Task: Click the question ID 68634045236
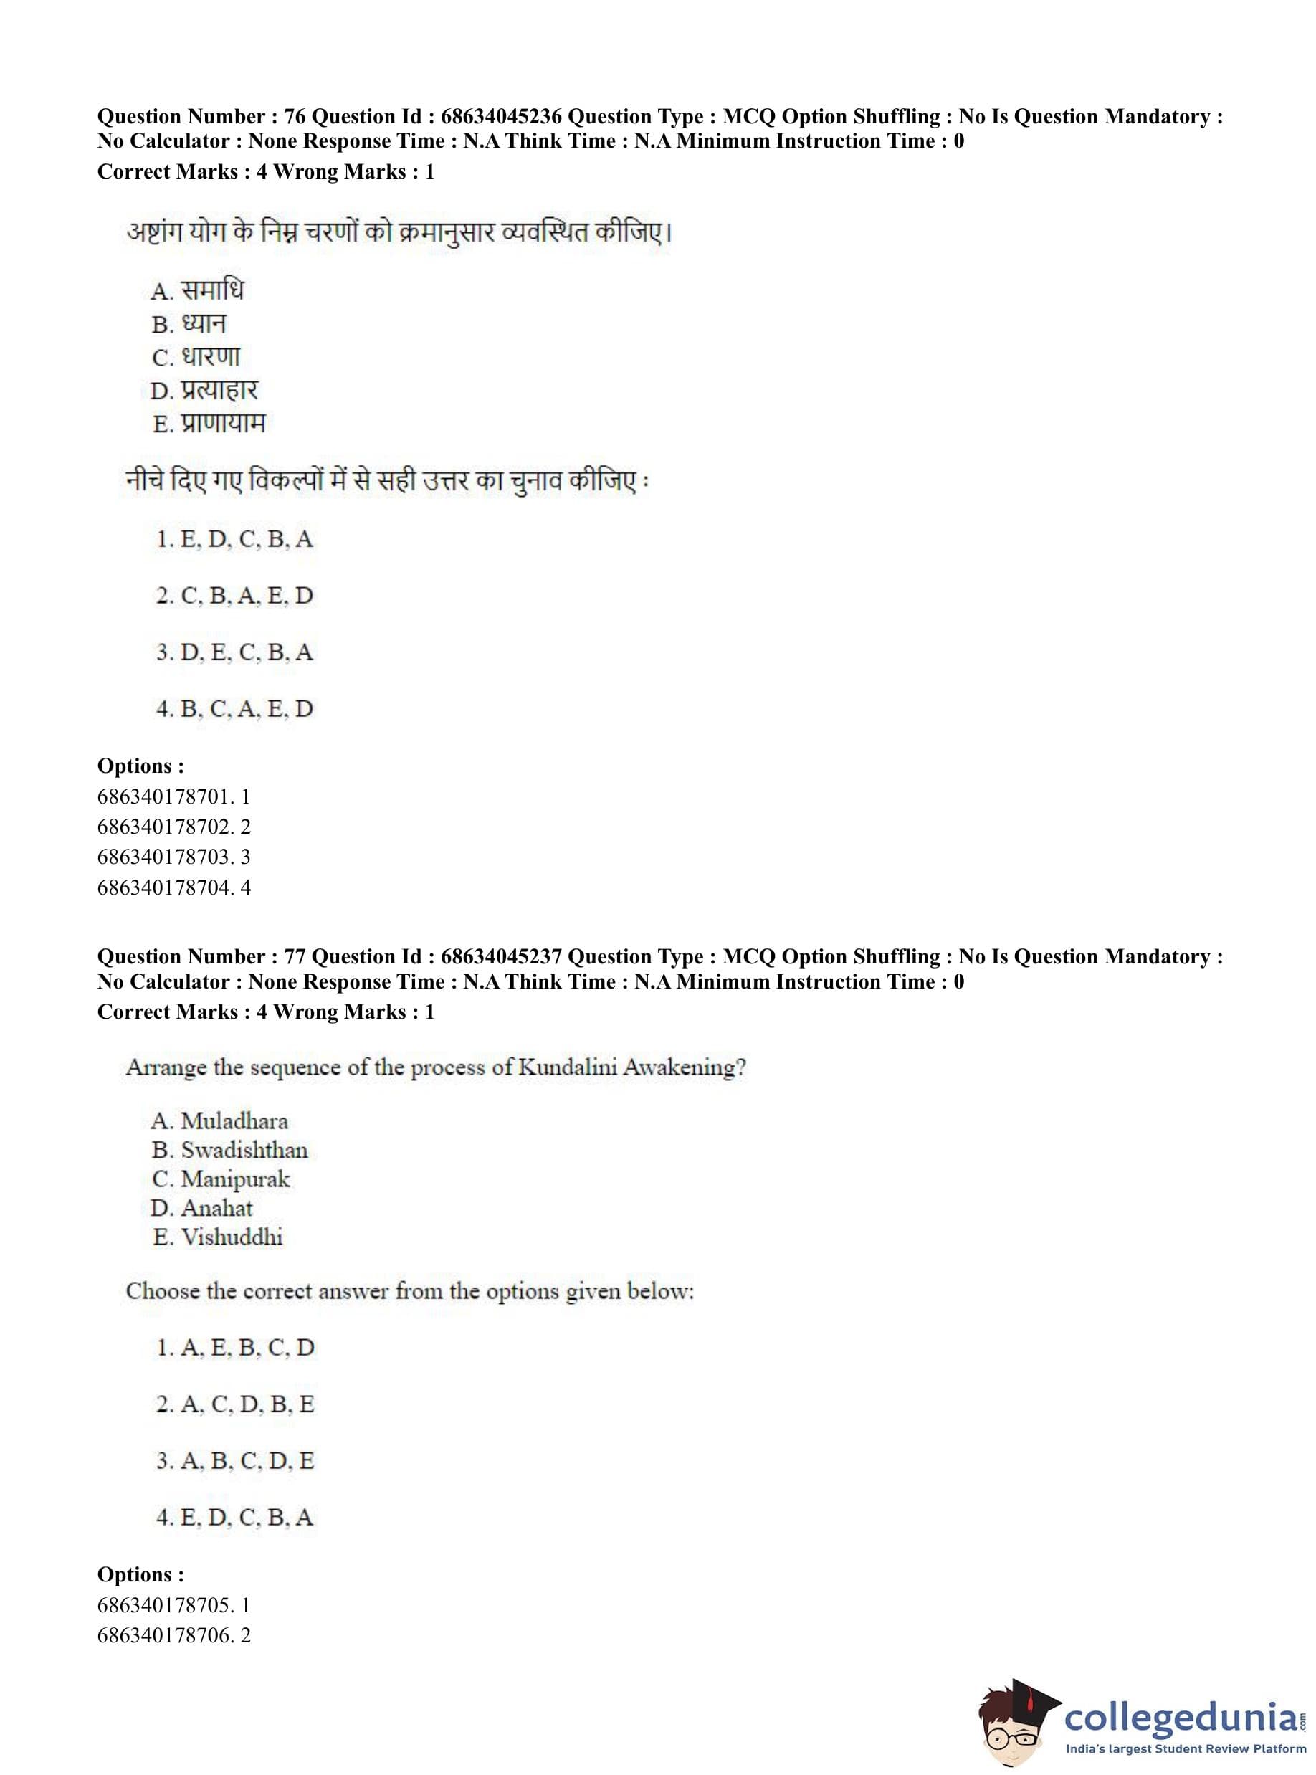501,116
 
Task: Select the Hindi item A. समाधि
198,290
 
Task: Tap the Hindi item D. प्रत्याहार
204,391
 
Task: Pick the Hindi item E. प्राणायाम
208,423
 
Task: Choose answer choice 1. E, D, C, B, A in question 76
234,539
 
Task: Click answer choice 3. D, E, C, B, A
234,652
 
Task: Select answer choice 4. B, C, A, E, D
234,708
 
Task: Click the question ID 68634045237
501,956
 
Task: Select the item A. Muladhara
219,1121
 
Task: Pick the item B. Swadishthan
229,1150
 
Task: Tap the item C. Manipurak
221,1179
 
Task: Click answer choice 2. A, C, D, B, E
235,1404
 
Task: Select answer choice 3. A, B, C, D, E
235,1460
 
